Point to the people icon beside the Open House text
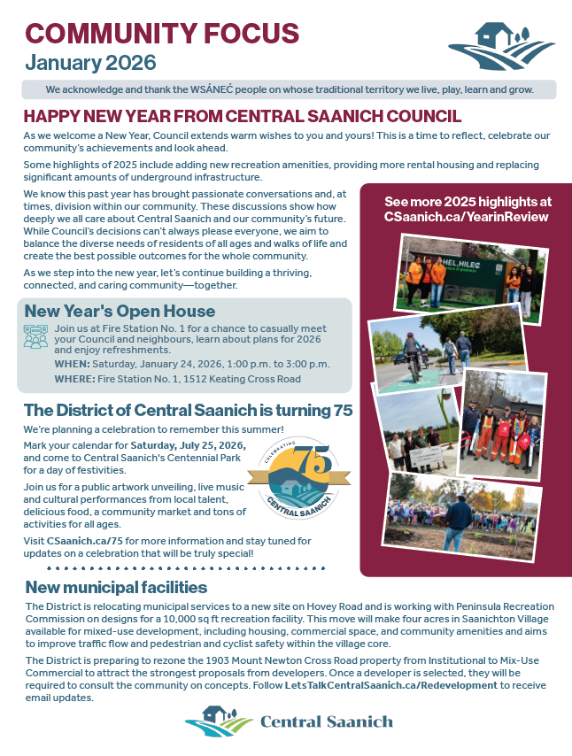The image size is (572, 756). (x=36, y=336)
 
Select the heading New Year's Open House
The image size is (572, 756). (x=120, y=312)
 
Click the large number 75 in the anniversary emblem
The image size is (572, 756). (x=287, y=461)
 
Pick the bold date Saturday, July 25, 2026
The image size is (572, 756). (x=188, y=444)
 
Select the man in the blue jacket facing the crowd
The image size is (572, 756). (x=457, y=521)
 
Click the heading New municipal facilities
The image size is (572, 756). (x=116, y=588)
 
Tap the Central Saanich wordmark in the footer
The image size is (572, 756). (x=326, y=721)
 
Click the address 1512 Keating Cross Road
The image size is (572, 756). (x=252, y=379)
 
